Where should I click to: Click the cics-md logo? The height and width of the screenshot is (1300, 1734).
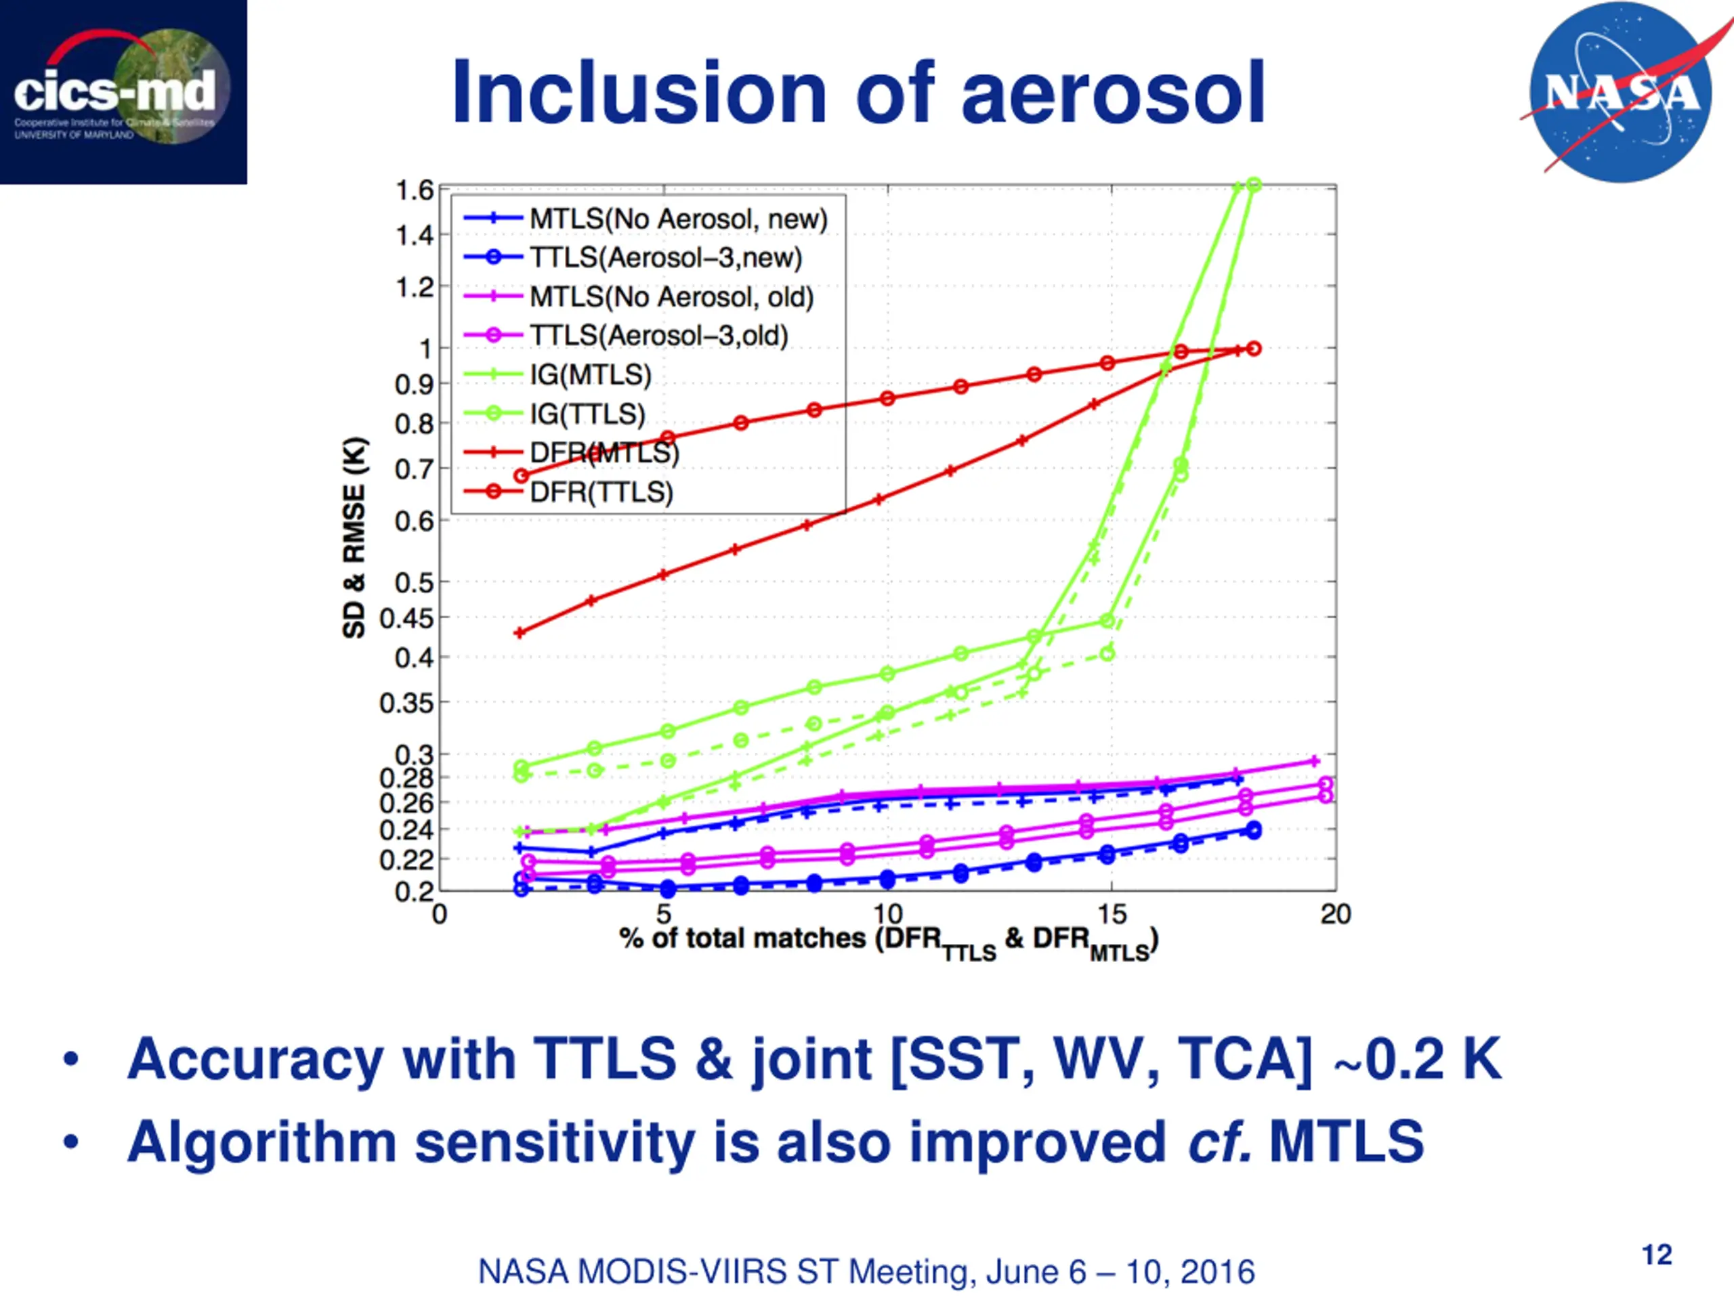(123, 91)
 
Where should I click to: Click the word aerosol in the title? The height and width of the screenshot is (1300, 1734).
(1113, 93)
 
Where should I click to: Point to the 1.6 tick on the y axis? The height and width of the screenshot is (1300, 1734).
(414, 190)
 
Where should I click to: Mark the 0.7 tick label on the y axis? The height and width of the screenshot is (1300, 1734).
(413, 469)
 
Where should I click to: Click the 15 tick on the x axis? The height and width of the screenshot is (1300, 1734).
(1111, 913)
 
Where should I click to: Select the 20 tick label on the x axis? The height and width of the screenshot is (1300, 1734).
(1335, 913)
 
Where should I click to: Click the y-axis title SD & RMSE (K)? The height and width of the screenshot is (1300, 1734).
(354, 538)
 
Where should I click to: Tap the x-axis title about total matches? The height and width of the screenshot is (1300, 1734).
(888, 940)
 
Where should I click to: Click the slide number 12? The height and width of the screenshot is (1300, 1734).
(1656, 1255)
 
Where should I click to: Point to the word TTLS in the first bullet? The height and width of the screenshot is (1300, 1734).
(604, 1059)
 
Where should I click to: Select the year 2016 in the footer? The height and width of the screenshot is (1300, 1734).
(1217, 1271)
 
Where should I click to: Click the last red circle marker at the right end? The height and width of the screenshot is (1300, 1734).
(1254, 349)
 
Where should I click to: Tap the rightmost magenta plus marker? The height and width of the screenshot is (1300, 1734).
(1315, 761)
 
